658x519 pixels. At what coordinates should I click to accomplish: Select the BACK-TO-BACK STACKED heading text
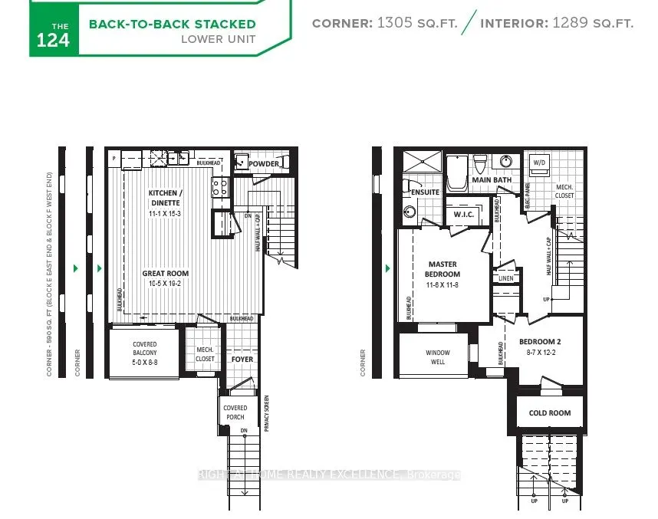172,24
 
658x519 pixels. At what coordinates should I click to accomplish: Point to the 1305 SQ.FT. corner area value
417,24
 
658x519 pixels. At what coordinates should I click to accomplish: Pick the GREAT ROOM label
165,278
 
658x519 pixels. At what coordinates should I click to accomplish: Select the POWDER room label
263,164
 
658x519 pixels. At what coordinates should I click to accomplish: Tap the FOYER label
242,359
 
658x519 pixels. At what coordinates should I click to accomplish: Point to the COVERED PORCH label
235,412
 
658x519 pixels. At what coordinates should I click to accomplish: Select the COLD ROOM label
549,412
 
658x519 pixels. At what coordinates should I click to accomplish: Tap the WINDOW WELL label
438,357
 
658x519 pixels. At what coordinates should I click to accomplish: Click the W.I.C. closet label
462,214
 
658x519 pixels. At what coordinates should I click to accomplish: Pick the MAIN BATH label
491,180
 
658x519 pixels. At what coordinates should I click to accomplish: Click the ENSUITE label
424,192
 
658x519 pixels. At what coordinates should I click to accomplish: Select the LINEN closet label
506,279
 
